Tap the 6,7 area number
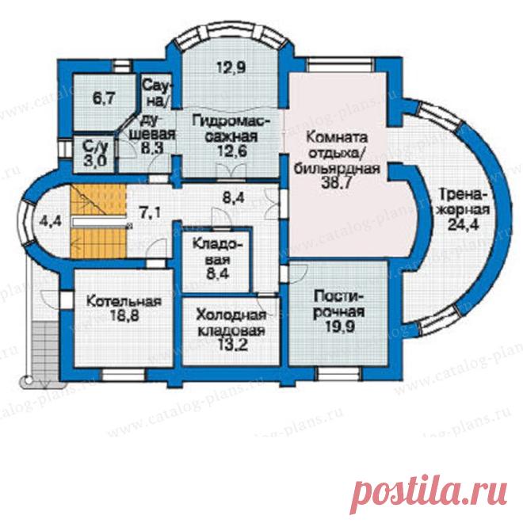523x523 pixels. pyautogui.click(x=104, y=99)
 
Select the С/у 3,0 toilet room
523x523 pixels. pyautogui.click(x=94, y=154)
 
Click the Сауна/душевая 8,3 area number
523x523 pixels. pyautogui.click(x=152, y=147)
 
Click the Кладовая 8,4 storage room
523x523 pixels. pyautogui.click(x=216, y=260)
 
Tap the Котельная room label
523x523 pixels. pyautogui.click(x=124, y=302)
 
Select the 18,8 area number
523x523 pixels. pyautogui.click(x=124, y=315)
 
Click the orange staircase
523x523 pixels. pyautogui.click(x=97, y=221)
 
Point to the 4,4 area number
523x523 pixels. pyautogui.click(x=51, y=221)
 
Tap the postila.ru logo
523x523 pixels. pyautogui.click(x=429, y=490)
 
